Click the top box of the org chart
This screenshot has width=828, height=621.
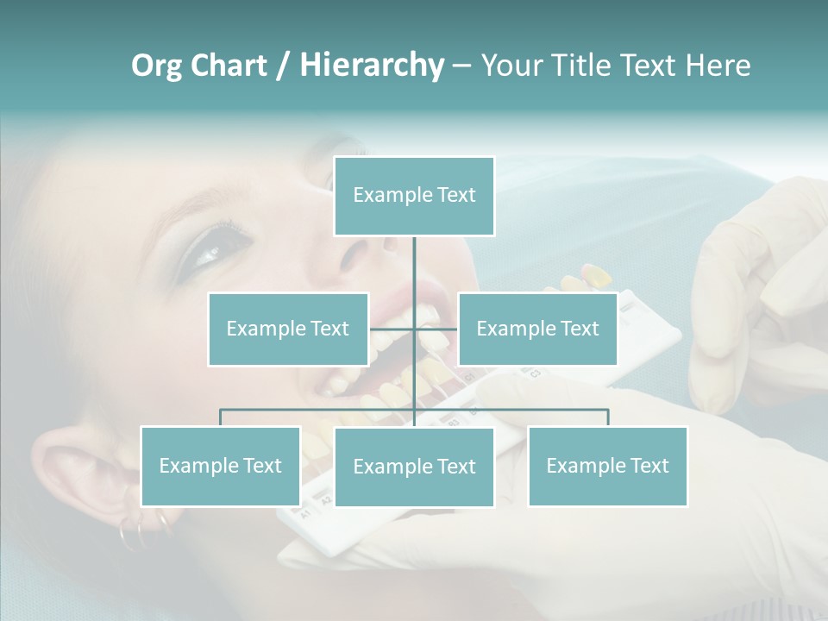(414, 196)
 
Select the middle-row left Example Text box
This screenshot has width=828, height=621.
(287, 329)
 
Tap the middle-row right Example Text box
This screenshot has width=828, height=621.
(537, 329)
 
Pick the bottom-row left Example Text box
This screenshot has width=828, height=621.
(220, 466)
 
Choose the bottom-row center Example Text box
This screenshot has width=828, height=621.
(414, 467)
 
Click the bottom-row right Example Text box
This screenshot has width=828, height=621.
(607, 466)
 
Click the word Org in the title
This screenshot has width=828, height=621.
(155, 66)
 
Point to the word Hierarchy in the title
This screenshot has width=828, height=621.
(371, 66)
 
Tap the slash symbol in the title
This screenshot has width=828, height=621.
(282, 66)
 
